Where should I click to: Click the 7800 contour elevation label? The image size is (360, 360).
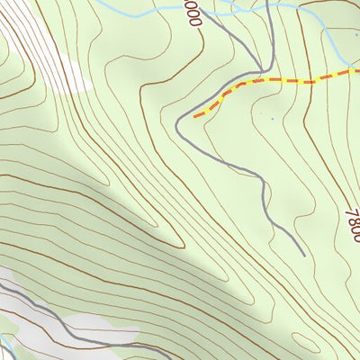352,220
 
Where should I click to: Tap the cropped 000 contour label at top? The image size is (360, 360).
191,13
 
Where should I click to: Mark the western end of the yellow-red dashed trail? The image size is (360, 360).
194,116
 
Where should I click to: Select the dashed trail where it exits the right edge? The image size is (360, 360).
357,69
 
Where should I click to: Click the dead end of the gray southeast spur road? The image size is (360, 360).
303,255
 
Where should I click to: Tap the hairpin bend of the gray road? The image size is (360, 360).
179,127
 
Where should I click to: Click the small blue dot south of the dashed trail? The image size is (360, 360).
273,118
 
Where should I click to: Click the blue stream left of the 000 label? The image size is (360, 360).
135,11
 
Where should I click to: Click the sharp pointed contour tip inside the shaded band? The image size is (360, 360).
184,243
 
